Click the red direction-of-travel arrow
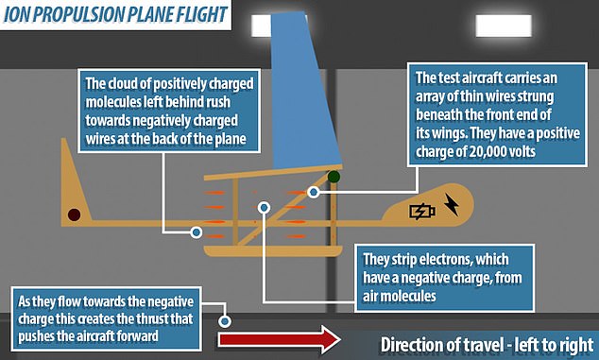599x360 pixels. pyautogui.click(x=279, y=339)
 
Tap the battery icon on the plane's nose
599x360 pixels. pyautogui.click(x=422, y=212)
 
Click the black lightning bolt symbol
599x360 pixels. pyautogui.click(x=452, y=204)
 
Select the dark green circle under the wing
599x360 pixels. pyautogui.click(x=334, y=177)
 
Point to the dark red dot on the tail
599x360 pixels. pyautogui.click(x=74, y=214)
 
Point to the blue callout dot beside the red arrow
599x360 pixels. pyautogui.click(x=225, y=321)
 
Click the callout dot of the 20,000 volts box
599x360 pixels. pyautogui.click(x=314, y=192)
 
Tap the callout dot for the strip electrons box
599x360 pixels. pyautogui.click(x=264, y=208)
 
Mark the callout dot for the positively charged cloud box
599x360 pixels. pyautogui.click(x=196, y=232)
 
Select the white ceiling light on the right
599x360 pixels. pyautogui.click(x=504, y=26)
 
